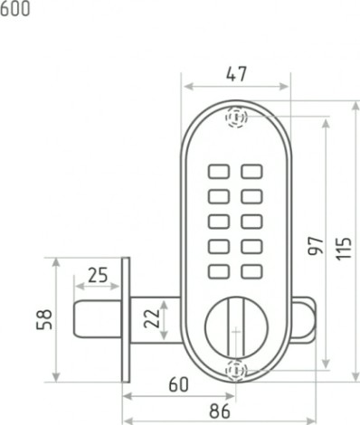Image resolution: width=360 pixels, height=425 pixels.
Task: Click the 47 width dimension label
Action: [x=236, y=74]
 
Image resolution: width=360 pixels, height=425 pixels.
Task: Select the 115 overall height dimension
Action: [x=344, y=249]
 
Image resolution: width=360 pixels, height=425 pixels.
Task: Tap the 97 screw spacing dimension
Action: [x=316, y=246]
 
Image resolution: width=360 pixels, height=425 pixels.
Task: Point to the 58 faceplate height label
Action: [x=44, y=319]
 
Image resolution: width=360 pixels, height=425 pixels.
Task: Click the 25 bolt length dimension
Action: [x=98, y=275]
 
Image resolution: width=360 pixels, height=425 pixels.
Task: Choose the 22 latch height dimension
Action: [x=152, y=318]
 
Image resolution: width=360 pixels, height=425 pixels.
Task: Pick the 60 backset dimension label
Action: [x=178, y=384]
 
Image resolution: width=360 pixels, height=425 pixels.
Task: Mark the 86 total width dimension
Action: [x=220, y=411]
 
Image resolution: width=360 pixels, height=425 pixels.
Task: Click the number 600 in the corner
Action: [x=14, y=9]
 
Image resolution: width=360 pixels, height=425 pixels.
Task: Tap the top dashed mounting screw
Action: [x=237, y=117]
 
